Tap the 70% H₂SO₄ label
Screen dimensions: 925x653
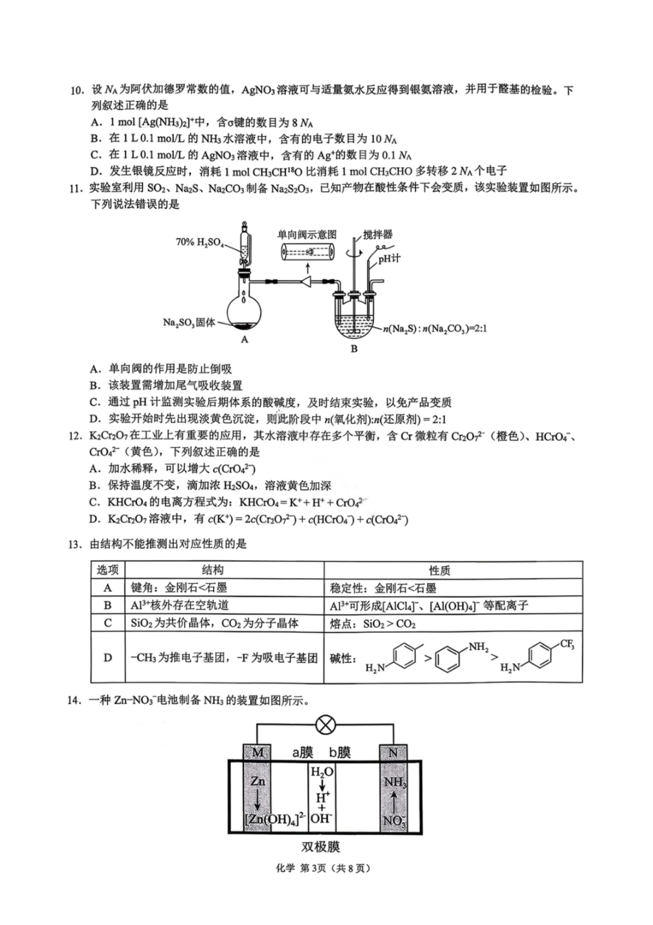click(x=200, y=242)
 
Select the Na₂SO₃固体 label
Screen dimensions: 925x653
click(x=189, y=322)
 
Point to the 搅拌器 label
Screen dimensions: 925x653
click(x=378, y=235)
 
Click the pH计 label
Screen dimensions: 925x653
click(x=389, y=259)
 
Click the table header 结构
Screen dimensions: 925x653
click(x=212, y=570)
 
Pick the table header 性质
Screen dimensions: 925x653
click(x=439, y=570)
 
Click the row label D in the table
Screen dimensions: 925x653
click(x=108, y=657)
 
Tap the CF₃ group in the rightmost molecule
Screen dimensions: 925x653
click(x=567, y=644)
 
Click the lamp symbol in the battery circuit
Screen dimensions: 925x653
click(x=325, y=724)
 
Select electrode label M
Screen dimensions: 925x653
click(x=258, y=752)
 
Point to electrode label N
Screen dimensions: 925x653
click(x=393, y=752)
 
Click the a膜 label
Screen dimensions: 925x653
click(x=302, y=752)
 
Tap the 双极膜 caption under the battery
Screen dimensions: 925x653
click(x=320, y=847)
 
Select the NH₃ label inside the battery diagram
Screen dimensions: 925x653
click(x=395, y=783)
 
